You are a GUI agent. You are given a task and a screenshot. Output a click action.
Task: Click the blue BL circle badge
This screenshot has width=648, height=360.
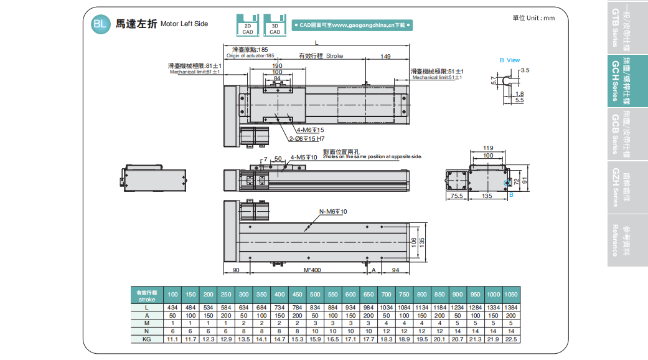coord(99,24)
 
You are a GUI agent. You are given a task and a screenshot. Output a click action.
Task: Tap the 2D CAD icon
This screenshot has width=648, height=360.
coord(247,24)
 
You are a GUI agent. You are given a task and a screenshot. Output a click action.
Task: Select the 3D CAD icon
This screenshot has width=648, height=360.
coord(274,24)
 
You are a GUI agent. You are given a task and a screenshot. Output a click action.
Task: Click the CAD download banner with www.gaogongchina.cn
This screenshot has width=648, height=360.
coord(352,26)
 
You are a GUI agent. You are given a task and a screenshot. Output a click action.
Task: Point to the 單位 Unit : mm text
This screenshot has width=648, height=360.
coord(533,18)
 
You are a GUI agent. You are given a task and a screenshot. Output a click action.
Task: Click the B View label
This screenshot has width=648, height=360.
coord(509,60)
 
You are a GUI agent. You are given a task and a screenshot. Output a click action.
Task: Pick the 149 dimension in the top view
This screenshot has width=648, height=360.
coord(385,57)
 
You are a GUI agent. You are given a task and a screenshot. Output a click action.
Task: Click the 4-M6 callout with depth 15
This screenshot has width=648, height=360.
coord(309,130)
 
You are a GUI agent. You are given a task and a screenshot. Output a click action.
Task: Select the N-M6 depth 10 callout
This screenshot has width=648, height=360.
coord(333,212)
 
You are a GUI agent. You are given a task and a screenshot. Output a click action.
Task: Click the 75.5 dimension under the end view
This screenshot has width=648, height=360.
coord(456,196)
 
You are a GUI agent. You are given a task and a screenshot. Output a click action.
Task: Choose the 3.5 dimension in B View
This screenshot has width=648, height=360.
coord(525,70)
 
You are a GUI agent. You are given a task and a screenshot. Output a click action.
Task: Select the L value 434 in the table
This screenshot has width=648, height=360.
coord(172,308)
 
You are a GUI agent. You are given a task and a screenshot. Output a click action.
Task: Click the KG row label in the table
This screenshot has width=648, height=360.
coord(147,339)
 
